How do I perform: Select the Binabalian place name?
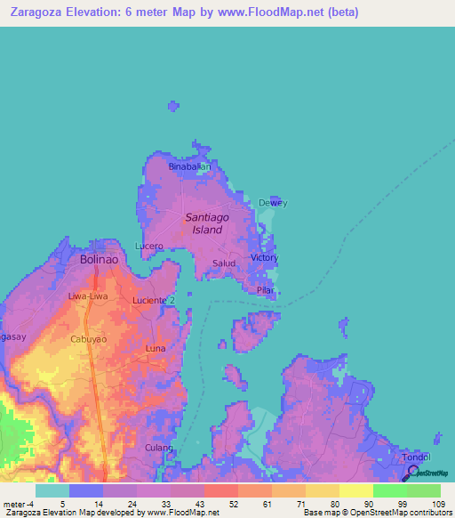pos(190,166)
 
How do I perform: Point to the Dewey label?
pos(273,203)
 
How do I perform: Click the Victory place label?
pos(265,258)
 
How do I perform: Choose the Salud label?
pos(225,263)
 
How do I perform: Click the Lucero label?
pos(149,246)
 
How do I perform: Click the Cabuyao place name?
pos(89,339)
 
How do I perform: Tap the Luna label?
pos(156,348)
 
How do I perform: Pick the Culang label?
pos(159,448)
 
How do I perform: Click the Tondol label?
pos(417,457)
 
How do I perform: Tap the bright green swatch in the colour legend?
pos(389,490)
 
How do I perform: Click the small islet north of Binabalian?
pos(173,108)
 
